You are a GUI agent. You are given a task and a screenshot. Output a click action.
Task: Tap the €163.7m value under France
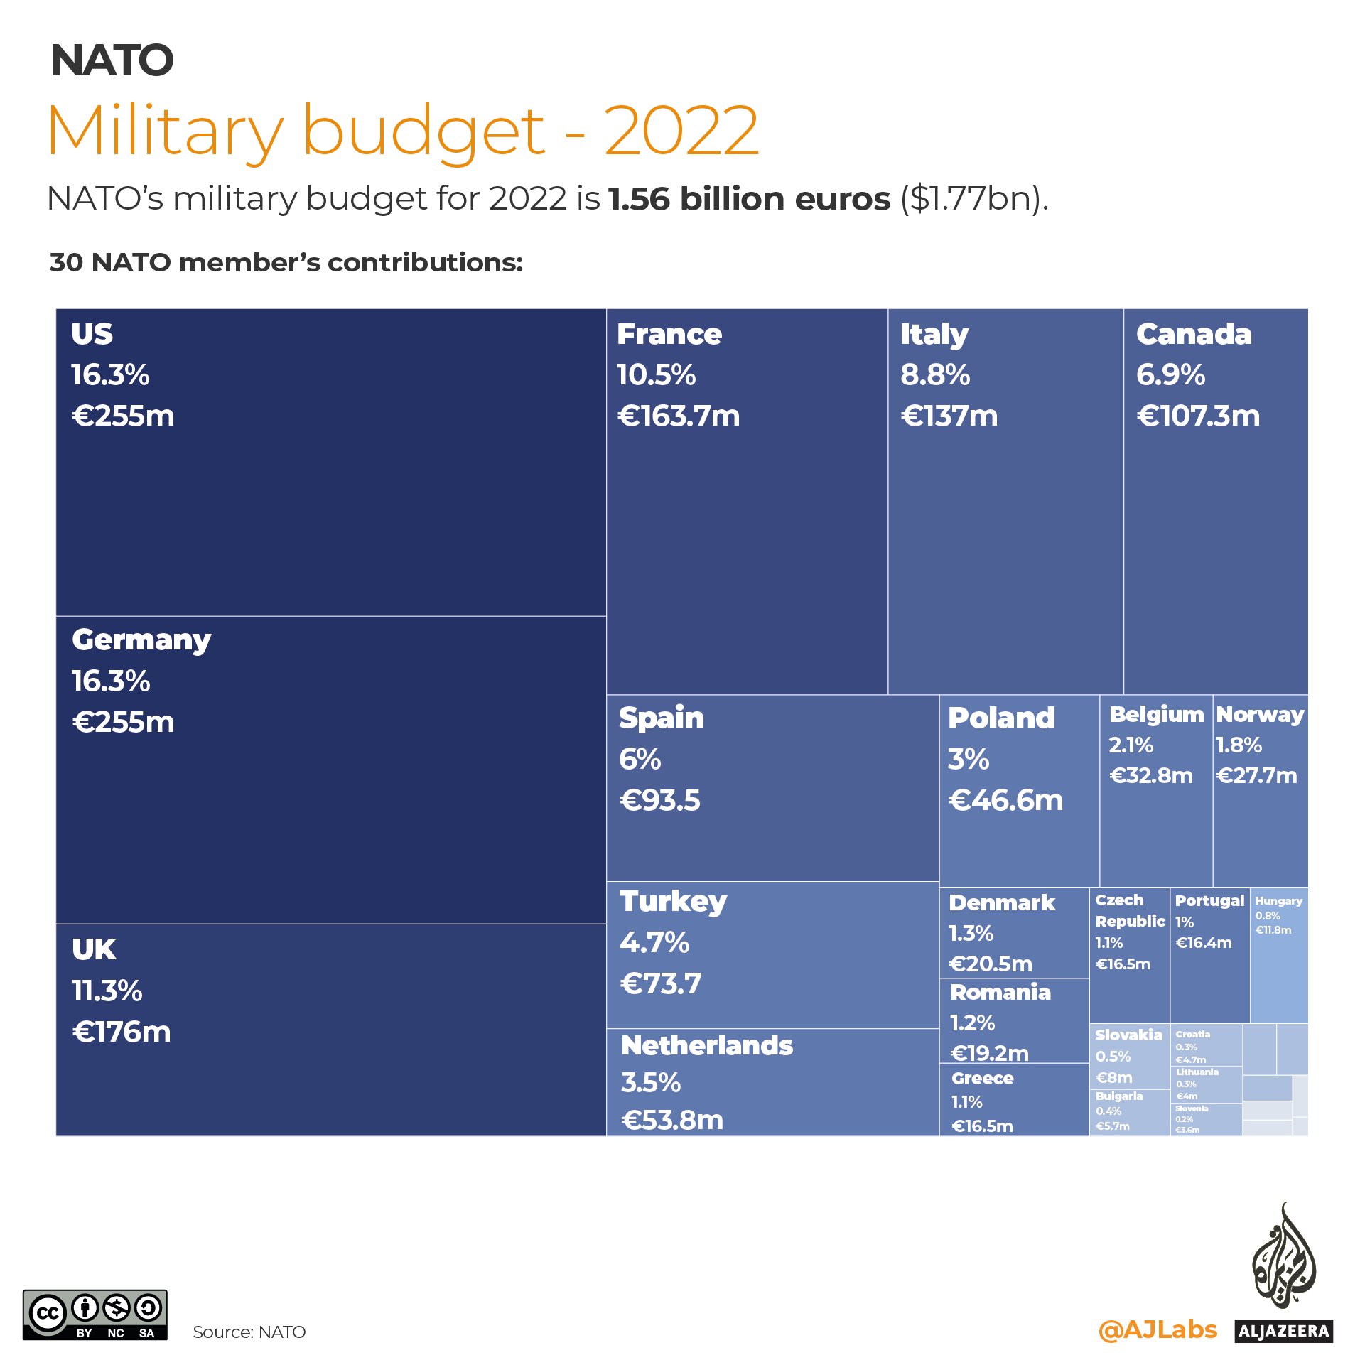click(679, 416)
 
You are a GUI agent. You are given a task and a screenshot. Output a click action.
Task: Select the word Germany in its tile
click(141, 640)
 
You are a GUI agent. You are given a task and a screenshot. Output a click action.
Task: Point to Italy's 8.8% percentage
click(935, 374)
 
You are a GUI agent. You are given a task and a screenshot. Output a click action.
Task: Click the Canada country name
click(1194, 334)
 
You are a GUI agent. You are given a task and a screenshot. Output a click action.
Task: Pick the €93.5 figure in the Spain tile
click(660, 801)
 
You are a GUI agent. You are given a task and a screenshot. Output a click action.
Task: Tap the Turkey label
click(673, 902)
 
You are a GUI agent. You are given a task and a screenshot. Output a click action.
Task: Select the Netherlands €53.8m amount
click(672, 1120)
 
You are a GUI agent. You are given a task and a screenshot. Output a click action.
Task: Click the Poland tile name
click(1001, 718)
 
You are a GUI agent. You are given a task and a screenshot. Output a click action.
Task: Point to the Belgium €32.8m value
click(1151, 775)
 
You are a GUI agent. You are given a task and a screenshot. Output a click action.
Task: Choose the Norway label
click(1260, 714)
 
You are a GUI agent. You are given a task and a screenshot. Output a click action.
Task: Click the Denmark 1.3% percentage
click(971, 933)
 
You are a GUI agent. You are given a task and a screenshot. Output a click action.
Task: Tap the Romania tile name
click(1000, 992)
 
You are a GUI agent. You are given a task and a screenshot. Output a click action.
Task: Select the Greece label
click(983, 1078)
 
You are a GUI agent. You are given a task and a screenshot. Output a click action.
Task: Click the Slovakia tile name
click(1128, 1035)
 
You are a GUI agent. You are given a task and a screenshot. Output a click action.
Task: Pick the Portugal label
click(1209, 900)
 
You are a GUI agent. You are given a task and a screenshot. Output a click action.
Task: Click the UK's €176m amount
click(122, 1032)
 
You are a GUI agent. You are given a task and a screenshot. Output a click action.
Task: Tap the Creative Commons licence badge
click(95, 1315)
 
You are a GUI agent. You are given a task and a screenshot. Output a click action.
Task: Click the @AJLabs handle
click(1158, 1329)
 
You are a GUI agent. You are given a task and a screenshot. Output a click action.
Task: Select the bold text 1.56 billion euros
click(749, 199)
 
